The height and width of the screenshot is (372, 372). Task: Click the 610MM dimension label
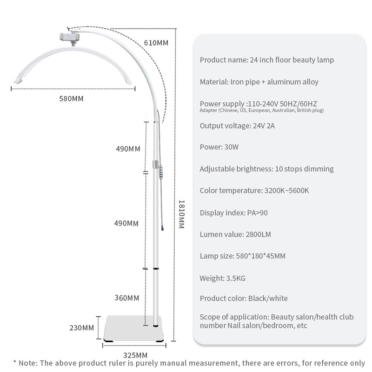coord(156,43)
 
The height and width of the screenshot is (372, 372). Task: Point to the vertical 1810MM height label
coord(182,214)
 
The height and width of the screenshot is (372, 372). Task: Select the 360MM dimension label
coord(127,298)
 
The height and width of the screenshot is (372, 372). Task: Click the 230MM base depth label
coord(82,328)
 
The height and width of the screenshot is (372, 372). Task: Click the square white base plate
coord(134,329)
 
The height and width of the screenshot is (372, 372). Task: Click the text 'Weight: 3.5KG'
coord(222,279)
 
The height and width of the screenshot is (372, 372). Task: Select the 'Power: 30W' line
coord(219,147)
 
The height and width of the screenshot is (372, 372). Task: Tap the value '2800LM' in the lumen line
coord(258,235)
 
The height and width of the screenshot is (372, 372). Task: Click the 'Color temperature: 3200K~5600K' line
coord(254,191)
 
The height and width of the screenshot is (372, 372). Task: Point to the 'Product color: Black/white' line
coord(244,298)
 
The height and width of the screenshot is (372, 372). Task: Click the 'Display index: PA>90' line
coord(233,213)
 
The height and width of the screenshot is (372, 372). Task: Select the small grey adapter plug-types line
coord(262,110)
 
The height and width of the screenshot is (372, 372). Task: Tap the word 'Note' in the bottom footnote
coord(28,363)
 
